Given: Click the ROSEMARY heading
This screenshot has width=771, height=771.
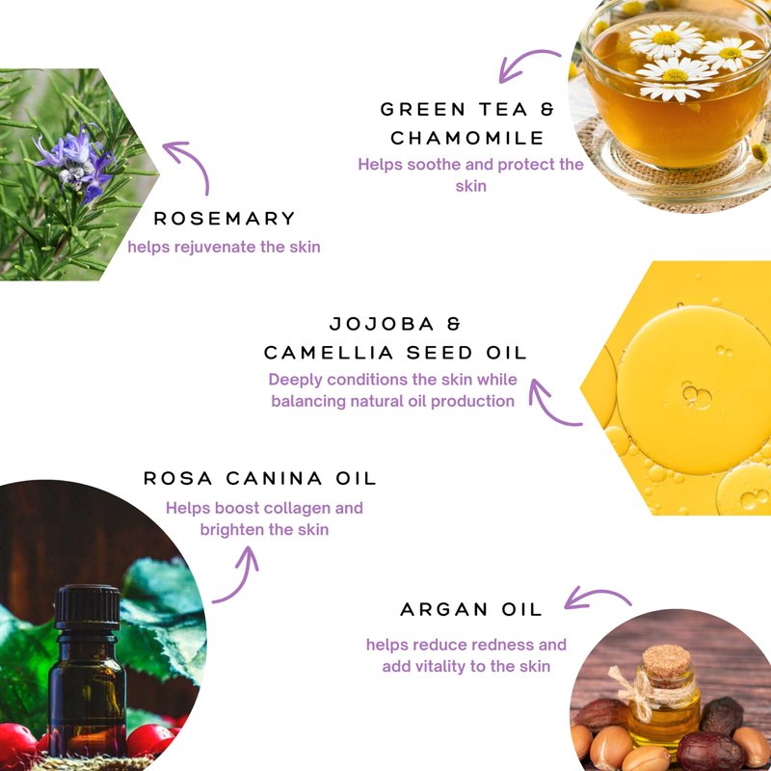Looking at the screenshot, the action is (x=225, y=219).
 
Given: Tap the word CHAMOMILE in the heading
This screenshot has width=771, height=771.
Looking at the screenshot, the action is (x=467, y=138).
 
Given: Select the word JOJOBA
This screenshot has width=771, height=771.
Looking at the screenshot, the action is (x=382, y=324).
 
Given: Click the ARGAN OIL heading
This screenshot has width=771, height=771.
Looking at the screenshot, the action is (x=471, y=610).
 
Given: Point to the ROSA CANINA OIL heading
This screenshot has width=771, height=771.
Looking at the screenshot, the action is (x=259, y=478).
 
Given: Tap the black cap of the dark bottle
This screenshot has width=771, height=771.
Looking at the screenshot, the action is (x=88, y=607).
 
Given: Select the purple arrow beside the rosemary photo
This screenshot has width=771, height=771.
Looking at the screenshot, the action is (x=196, y=161).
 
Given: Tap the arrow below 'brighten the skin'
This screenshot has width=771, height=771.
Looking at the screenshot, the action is (x=242, y=580).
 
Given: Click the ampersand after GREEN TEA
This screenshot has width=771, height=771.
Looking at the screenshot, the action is (x=547, y=109).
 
